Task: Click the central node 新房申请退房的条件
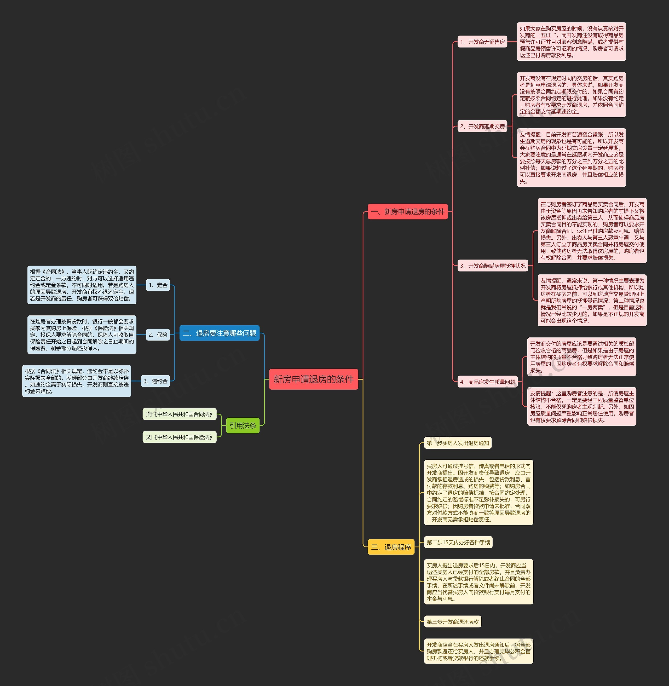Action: [313, 379]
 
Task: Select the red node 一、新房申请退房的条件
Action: [408, 212]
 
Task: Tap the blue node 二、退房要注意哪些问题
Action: [220, 333]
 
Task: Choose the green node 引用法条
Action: [243, 426]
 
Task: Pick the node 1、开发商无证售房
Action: [482, 42]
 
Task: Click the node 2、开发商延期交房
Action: [482, 126]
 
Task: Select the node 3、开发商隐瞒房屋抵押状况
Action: [493, 266]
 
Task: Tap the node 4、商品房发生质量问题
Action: [487, 382]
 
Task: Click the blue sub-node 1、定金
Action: [158, 285]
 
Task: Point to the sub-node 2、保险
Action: [158, 335]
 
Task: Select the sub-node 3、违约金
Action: [155, 381]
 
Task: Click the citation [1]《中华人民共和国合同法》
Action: [180, 414]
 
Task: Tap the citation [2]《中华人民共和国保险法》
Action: [180, 437]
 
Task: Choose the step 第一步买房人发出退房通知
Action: [458, 443]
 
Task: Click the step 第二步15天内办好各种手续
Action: [458, 542]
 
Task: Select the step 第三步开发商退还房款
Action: [453, 622]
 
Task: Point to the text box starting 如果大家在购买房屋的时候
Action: [571, 42]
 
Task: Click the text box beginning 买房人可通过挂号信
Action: [478, 492]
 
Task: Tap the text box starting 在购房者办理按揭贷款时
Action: [82, 335]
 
